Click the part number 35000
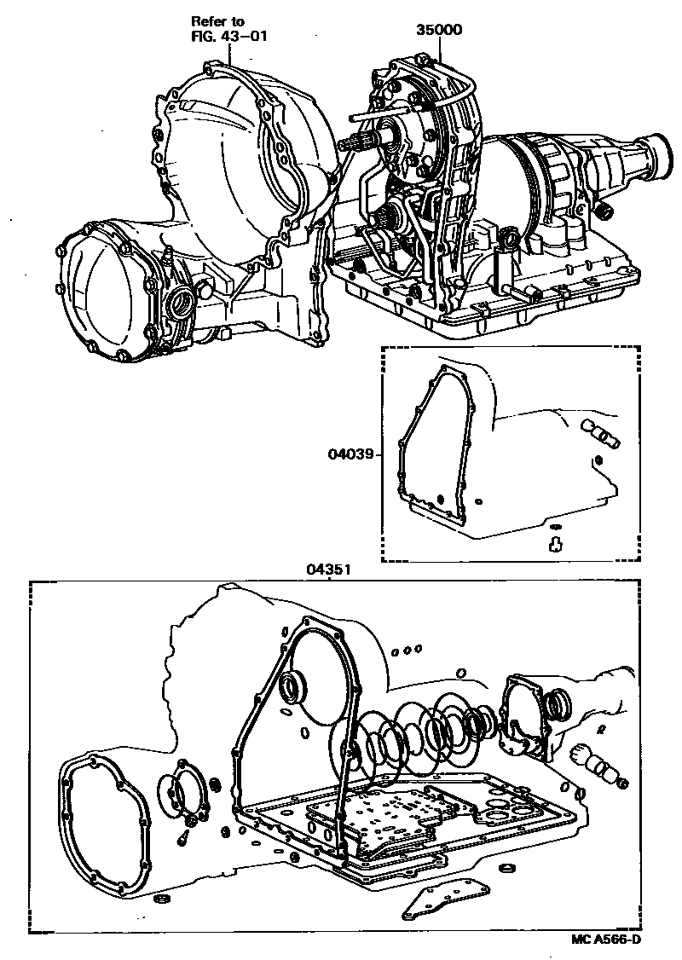click(x=438, y=30)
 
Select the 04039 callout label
click(x=351, y=454)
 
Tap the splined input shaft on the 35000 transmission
click(x=358, y=146)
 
